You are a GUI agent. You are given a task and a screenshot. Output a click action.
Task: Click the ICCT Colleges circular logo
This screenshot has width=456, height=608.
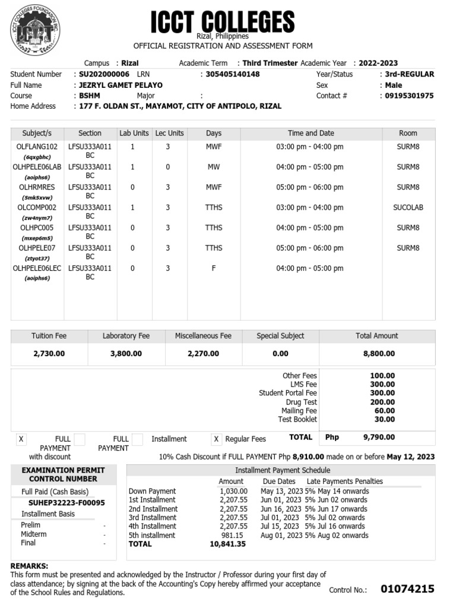pyautogui.click(x=35, y=31)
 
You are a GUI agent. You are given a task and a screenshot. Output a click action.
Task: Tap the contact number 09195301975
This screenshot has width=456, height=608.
pyautogui.click(x=409, y=96)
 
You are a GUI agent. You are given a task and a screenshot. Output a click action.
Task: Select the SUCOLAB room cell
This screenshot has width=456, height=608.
pyautogui.click(x=408, y=207)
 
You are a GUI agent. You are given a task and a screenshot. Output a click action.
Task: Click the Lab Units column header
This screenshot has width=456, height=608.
pyautogui.click(x=134, y=133)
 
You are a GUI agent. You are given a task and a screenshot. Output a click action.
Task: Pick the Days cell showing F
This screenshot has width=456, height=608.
pyautogui.click(x=214, y=268)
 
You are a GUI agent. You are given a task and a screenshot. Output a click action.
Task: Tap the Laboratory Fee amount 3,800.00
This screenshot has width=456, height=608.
pyautogui.click(x=126, y=353)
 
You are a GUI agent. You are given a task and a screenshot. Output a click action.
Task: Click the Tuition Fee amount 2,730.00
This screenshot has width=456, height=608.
pyautogui.click(x=49, y=353)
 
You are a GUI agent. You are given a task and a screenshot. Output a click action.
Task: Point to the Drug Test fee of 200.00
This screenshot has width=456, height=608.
pyautogui.click(x=384, y=402)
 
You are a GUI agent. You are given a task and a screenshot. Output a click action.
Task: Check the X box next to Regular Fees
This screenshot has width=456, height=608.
pyautogui.click(x=217, y=439)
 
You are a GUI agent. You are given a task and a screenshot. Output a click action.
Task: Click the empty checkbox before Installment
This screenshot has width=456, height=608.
pyautogui.click(x=137, y=439)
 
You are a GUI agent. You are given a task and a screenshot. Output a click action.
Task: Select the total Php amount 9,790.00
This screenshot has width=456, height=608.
pyautogui.click(x=379, y=437)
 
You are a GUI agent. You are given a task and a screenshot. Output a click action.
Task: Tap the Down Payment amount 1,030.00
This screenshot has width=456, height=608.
pyautogui.click(x=233, y=491)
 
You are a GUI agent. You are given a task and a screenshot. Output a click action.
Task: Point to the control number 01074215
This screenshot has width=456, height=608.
pyautogui.click(x=407, y=589)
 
